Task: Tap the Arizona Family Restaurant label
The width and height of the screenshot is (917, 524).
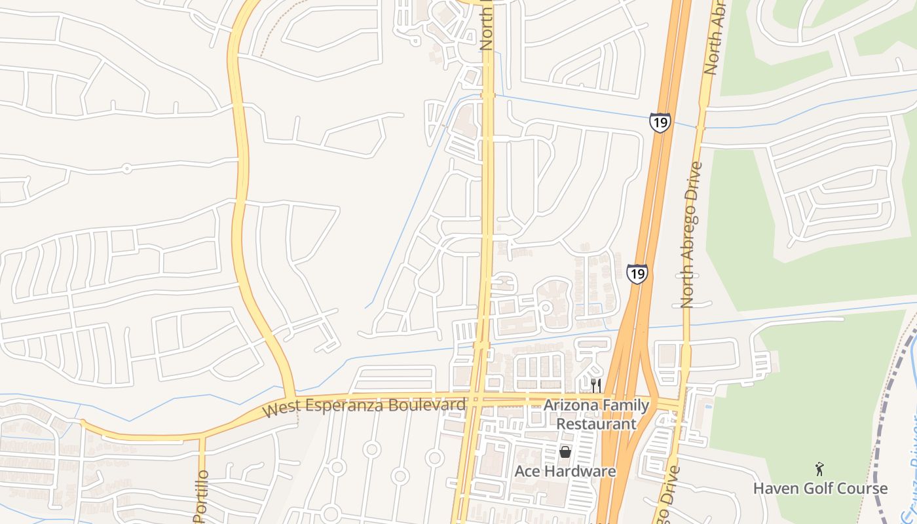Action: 596,415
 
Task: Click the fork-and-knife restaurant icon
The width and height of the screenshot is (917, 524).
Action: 595,385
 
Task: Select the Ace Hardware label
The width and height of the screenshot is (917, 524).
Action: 565,472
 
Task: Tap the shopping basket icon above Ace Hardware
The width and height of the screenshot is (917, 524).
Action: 565,452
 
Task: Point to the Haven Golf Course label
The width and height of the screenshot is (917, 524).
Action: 820,489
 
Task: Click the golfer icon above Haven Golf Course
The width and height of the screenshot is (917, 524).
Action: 819,469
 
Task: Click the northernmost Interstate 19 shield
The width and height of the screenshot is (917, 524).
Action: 660,122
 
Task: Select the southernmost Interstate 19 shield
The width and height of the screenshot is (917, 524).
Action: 637,273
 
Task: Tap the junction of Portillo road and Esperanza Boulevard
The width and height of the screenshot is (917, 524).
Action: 202,435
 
